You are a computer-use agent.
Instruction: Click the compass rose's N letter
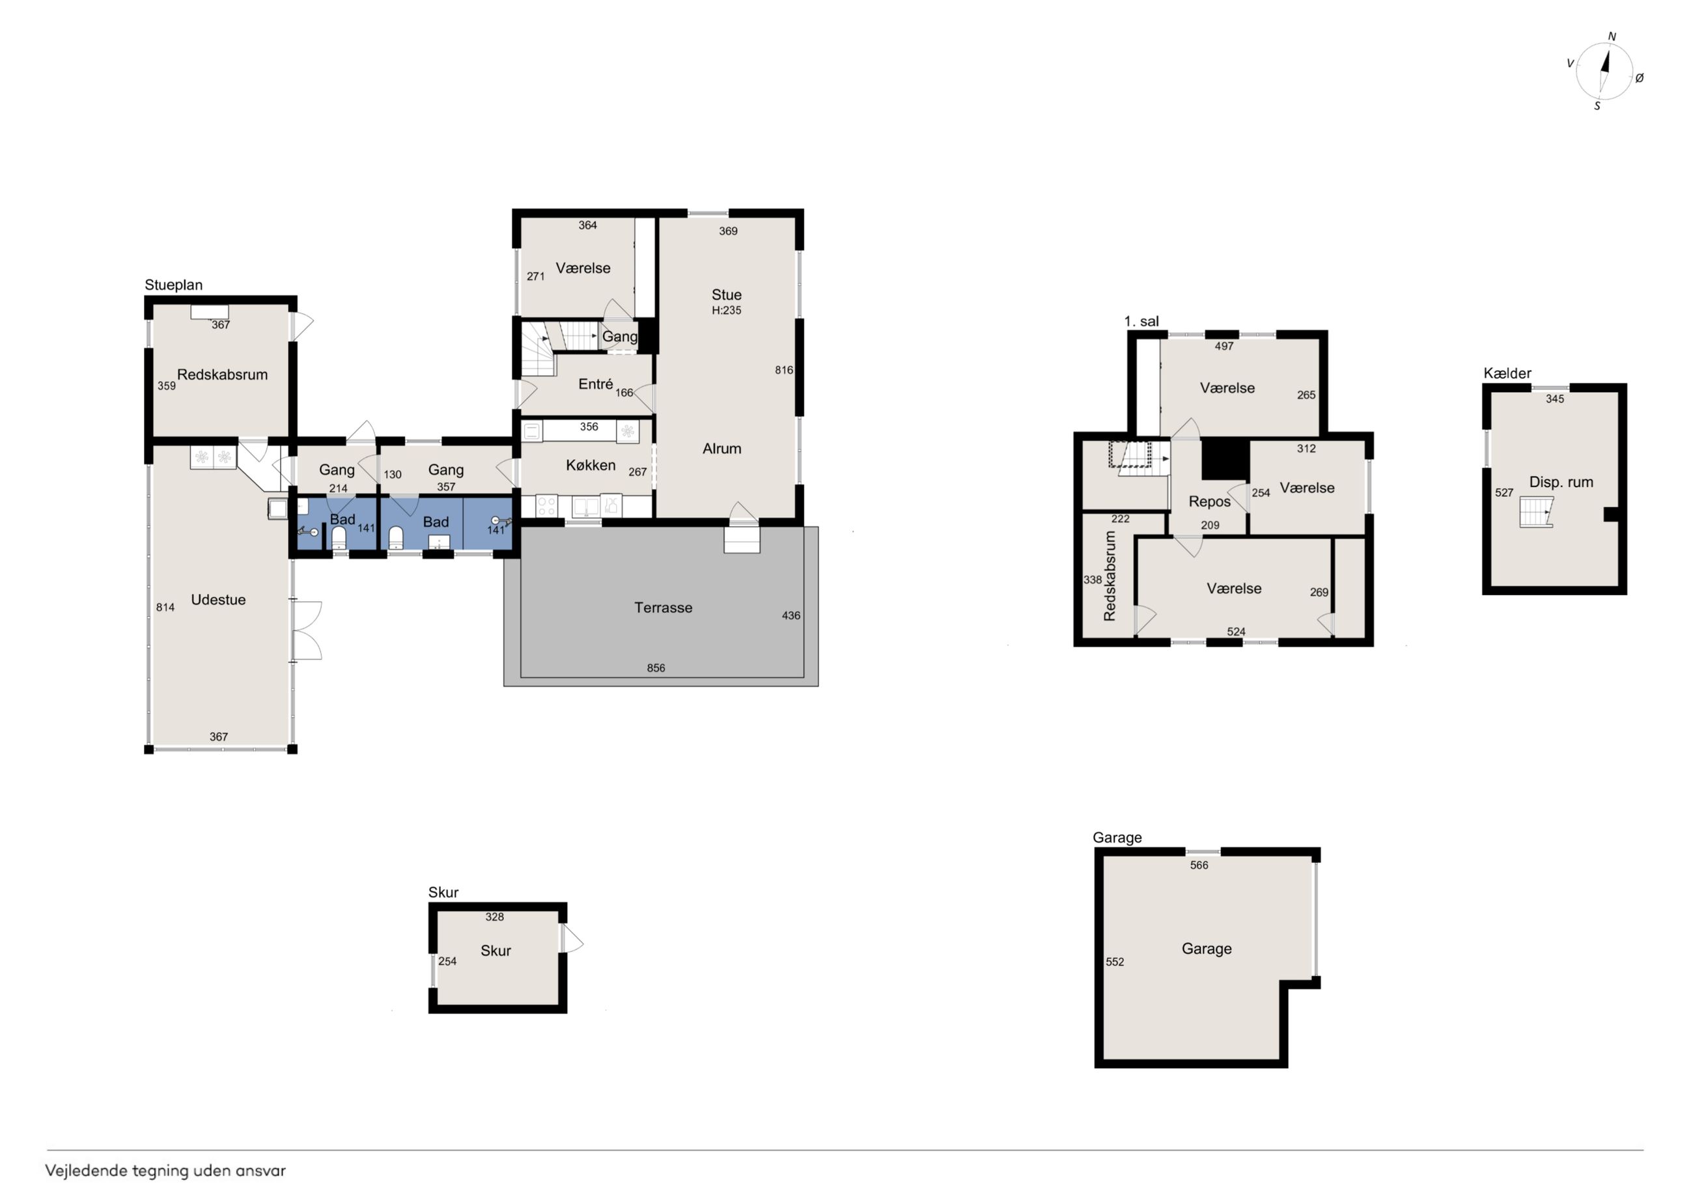point(1612,36)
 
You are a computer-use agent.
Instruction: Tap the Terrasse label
point(663,608)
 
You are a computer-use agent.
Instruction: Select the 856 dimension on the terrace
point(656,668)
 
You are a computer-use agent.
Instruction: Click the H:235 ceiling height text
point(726,311)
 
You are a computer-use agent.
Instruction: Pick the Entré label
point(596,384)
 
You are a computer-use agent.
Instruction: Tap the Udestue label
point(218,600)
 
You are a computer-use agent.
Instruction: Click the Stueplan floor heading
point(173,285)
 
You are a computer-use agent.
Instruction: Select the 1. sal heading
point(1141,322)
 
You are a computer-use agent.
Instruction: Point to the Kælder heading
point(1507,373)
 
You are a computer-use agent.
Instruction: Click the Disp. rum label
point(1561,483)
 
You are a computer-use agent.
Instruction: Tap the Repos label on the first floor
point(1209,501)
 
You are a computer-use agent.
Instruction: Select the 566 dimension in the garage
point(1199,865)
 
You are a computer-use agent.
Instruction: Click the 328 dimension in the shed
point(495,917)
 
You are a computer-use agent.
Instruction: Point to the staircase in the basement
point(1537,512)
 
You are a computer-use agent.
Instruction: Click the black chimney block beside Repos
point(1225,460)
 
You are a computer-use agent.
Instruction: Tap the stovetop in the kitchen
point(546,506)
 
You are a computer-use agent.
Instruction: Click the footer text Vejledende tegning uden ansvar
point(165,1170)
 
